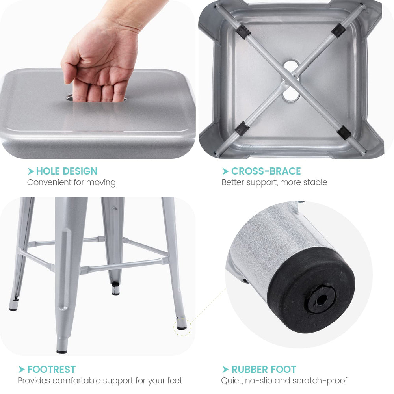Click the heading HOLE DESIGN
tap(67, 171)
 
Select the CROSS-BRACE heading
tap(266, 171)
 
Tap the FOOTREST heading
tap(51, 369)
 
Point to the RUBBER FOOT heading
tap(264, 369)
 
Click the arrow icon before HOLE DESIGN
tap(31, 171)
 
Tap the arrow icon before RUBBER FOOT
tap(225, 369)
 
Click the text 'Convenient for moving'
tap(71, 182)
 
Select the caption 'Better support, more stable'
tap(274, 182)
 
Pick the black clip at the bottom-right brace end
tap(344, 132)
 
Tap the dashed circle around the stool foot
tap(182, 327)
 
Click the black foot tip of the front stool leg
tap(62, 350)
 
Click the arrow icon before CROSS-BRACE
tap(225, 171)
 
